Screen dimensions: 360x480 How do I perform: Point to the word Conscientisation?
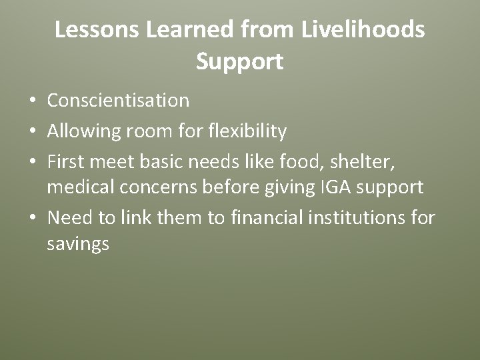pos(118,101)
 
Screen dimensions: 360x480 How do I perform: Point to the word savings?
pos(78,244)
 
